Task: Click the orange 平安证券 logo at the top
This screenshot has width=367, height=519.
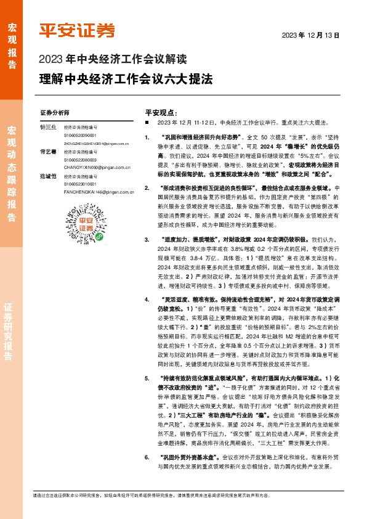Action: click(77, 31)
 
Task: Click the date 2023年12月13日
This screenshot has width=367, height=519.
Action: click(311, 35)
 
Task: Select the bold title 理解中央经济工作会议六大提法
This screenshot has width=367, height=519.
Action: click(126, 80)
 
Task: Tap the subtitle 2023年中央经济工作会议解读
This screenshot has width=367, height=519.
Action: click(112, 60)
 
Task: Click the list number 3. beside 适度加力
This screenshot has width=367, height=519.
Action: click(147, 239)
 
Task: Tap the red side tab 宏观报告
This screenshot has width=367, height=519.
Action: click(12, 43)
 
